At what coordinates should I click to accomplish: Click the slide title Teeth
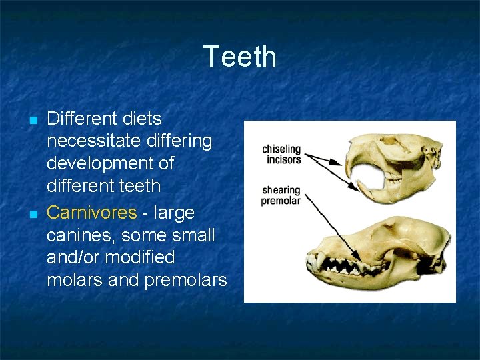[x=239, y=57]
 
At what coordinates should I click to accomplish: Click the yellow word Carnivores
[x=91, y=213]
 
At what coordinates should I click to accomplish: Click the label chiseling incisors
[x=281, y=154]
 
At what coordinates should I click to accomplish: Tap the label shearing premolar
[x=281, y=195]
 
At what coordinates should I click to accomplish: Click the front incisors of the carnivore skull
[x=310, y=261]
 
